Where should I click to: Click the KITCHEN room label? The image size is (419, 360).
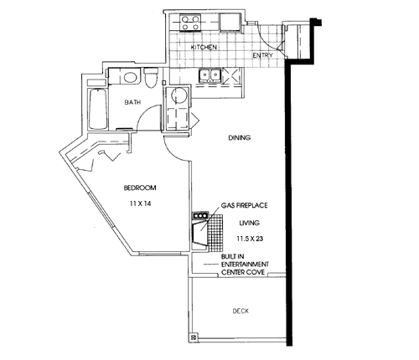(204, 47)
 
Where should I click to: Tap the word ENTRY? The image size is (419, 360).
(262, 55)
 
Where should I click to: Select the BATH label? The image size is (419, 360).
(132, 102)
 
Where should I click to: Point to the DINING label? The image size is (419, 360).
(240, 137)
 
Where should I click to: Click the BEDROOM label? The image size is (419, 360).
(140, 188)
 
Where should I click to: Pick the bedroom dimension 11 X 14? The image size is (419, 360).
(140, 203)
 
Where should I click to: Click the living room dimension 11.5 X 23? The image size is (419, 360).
(250, 239)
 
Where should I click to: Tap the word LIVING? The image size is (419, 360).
(250, 223)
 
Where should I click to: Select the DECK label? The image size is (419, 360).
(241, 311)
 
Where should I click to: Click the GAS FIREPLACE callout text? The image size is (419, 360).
(245, 206)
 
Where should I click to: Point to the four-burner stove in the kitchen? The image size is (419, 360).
(190, 23)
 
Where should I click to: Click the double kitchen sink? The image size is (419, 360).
(209, 75)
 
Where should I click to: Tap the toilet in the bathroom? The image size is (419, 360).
(151, 78)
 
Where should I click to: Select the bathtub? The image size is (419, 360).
(98, 109)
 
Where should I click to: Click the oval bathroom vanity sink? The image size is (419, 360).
(131, 77)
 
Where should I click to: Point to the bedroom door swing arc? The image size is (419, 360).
(173, 153)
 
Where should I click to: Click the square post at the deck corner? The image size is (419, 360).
(194, 337)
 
